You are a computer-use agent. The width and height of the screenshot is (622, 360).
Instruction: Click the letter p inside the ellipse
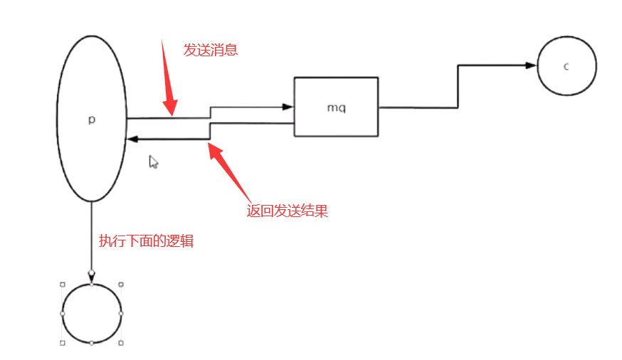click(91, 120)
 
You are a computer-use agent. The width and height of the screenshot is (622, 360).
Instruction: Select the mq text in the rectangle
click(336, 107)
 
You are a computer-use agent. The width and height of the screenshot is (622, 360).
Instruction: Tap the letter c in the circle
click(566, 67)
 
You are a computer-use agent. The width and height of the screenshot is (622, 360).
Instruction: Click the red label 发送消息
click(210, 50)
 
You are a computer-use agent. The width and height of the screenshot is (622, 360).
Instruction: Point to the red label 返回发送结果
click(287, 211)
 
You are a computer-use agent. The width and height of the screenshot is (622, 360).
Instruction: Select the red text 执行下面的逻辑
click(146, 241)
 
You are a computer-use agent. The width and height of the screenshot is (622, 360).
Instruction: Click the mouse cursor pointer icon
click(153, 162)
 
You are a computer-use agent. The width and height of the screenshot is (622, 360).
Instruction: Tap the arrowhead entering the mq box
click(288, 107)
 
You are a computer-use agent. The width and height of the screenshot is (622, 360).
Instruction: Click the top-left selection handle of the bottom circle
click(62, 284)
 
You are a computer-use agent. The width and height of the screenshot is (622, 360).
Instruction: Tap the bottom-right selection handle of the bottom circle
click(121, 343)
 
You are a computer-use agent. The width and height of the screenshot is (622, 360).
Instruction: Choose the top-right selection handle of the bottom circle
click(121, 284)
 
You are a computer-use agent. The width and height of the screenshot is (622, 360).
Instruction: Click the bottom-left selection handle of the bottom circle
click(62, 343)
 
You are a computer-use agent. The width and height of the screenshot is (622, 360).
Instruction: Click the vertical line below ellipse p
click(91, 235)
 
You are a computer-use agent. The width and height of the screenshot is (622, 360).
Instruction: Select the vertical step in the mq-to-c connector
click(458, 86)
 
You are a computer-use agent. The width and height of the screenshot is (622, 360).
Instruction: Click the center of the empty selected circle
click(91, 313)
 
